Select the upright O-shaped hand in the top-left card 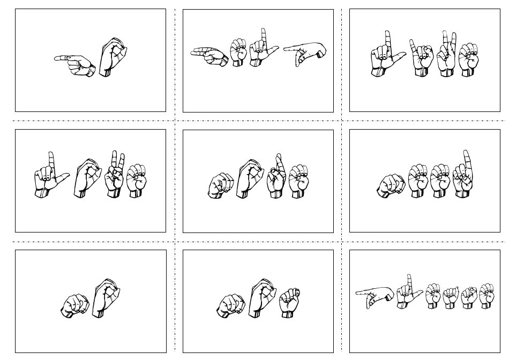click(113, 56)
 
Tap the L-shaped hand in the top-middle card click(263, 51)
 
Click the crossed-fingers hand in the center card click(276, 178)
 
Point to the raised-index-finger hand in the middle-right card click(464, 174)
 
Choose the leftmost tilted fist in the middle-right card click(391, 185)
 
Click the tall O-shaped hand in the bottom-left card click(105, 297)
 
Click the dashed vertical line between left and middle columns click(175, 177)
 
